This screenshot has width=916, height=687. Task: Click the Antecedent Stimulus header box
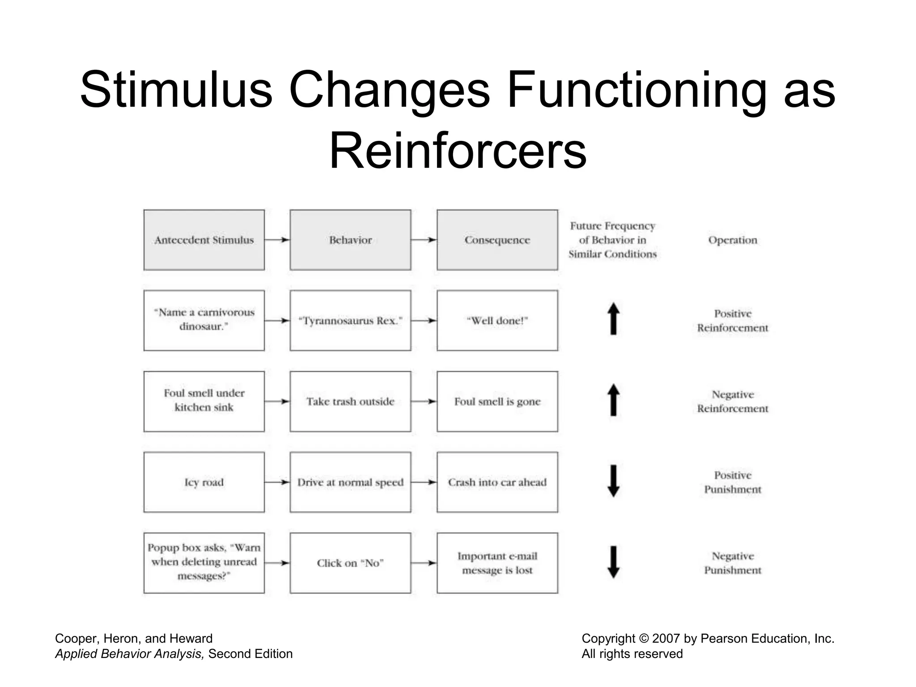pyautogui.click(x=204, y=240)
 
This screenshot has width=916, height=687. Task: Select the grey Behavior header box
pyautogui.click(x=350, y=240)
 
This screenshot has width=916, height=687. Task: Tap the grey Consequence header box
pyautogui.click(x=497, y=240)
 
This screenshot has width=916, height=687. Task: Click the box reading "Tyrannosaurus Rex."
pyautogui.click(x=350, y=321)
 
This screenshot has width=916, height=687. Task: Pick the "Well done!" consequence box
pyautogui.click(x=497, y=321)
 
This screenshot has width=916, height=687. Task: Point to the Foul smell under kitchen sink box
pyautogui.click(x=204, y=401)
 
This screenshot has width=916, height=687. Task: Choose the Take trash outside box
pyautogui.click(x=350, y=401)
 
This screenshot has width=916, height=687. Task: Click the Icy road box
pyautogui.click(x=204, y=482)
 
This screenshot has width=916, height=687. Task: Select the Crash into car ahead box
pyautogui.click(x=497, y=482)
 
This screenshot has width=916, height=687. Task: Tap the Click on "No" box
pyautogui.click(x=350, y=563)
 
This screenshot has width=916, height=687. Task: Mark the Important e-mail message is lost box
pyautogui.click(x=497, y=563)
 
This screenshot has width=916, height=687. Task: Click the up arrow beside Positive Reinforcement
pyautogui.click(x=614, y=319)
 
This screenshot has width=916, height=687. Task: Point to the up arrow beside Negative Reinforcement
pyautogui.click(x=614, y=400)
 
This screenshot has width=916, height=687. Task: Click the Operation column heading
pyautogui.click(x=733, y=240)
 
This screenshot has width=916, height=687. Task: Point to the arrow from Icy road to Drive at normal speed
pyautogui.click(x=277, y=482)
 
